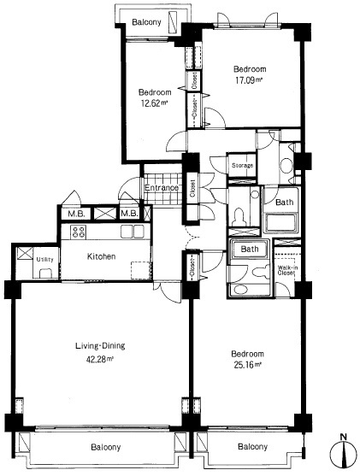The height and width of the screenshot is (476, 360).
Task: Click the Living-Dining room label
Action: (x=100, y=346)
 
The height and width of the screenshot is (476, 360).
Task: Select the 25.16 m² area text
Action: (x=248, y=365)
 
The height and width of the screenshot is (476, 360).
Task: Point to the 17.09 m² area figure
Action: (x=249, y=80)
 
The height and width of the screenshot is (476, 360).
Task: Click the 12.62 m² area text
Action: (x=154, y=103)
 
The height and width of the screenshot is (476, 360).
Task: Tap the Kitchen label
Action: (x=101, y=256)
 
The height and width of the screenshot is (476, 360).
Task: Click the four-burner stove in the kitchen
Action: (x=79, y=232)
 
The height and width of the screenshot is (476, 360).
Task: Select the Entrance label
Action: (x=162, y=188)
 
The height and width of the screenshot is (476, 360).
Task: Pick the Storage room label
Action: (x=243, y=166)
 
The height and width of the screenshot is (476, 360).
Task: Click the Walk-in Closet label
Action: (x=286, y=270)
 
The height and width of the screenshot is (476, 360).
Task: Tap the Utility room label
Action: (x=45, y=259)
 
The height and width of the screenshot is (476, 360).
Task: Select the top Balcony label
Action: (x=147, y=22)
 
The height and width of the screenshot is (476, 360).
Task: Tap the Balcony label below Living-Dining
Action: (x=106, y=447)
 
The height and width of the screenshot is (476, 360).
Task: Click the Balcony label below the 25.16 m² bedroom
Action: (x=253, y=447)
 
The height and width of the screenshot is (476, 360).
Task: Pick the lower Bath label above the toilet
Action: (x=250, y=250)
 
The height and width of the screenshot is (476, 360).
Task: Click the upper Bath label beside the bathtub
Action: (x=285, y=203)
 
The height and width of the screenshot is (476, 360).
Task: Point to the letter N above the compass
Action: (x=344, y=438)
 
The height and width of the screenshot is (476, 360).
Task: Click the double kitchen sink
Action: (x=133, y=232)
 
